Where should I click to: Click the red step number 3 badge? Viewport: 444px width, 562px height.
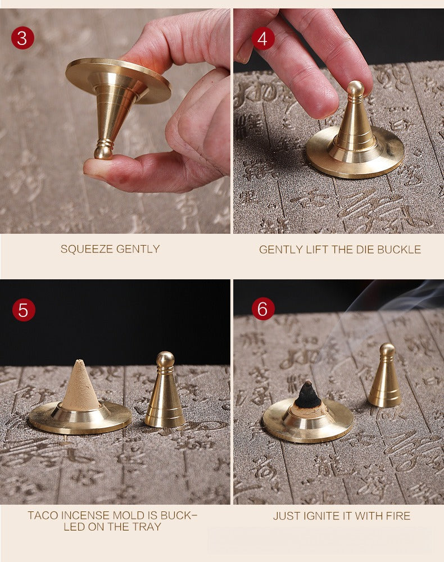click(22, 38)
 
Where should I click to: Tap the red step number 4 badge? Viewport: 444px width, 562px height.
click(263, 38)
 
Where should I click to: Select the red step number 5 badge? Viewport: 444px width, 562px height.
click(24, 310)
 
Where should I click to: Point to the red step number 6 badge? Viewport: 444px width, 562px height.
click(263, 309)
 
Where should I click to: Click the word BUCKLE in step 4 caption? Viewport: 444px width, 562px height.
click(399, 250)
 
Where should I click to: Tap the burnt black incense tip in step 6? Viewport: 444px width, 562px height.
click(306, 395)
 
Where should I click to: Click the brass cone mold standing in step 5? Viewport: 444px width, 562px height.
click(165, 389)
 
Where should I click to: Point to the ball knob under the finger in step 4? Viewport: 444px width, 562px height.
click(356, 88)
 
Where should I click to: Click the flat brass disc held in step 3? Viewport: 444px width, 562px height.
click(118, 81)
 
